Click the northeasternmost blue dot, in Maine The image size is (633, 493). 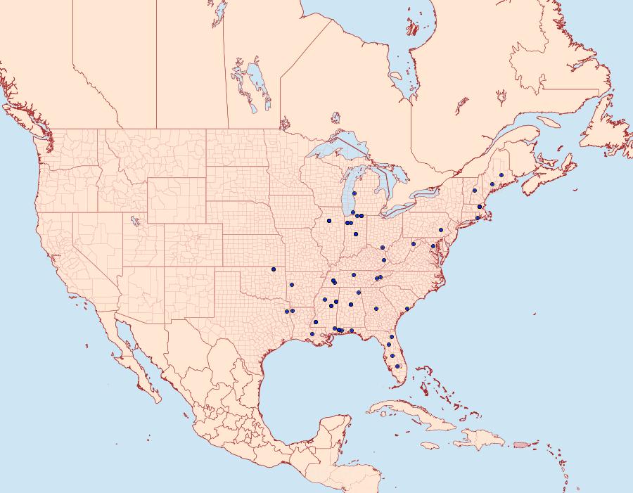point(501,174)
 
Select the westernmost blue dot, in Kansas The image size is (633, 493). point(273,269)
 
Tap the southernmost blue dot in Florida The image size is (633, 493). point(397,366)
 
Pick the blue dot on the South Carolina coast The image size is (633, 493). point(407,309)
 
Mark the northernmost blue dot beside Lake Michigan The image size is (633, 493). point(354,193)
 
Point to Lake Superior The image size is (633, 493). point(338,151)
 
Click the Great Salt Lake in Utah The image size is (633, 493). point(132,221)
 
